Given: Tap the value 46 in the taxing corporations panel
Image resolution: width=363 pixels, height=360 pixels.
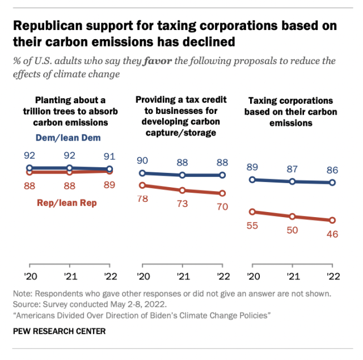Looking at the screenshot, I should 332,234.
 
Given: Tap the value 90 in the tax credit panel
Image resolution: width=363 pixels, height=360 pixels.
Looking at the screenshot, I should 142,160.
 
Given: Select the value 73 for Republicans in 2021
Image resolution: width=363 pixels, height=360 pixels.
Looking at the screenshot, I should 182,203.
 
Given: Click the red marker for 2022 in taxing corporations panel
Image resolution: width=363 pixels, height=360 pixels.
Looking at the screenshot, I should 332,221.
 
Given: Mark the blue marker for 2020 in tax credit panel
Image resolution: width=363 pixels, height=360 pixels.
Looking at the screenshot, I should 142,173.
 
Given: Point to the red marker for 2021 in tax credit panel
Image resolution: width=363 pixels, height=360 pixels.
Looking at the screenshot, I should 182,190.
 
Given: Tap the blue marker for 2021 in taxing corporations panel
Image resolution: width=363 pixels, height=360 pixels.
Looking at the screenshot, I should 293,181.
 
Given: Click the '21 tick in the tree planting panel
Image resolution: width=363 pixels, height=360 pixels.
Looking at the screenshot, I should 69,277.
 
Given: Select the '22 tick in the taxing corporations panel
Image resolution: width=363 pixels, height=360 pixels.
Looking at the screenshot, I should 332,277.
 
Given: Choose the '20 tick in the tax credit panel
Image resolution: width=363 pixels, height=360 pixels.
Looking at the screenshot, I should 142,277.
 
